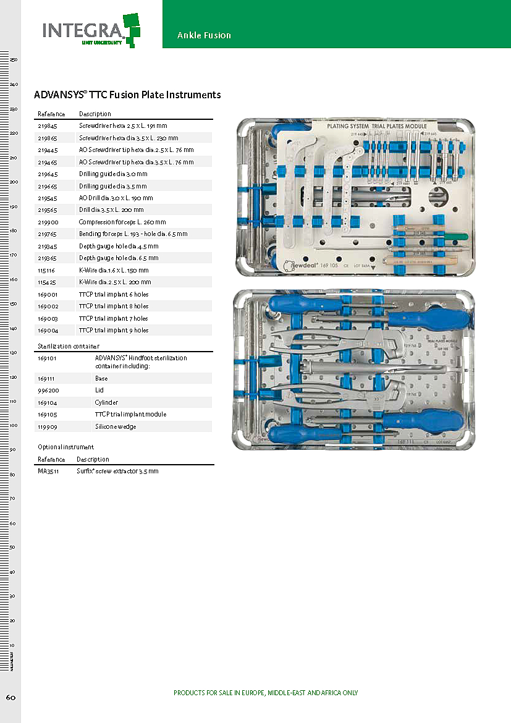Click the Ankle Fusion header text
click(x=204, y=35)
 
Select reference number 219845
click(x=48, y=126)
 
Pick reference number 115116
click(x=48, y=270)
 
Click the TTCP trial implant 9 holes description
click(x=114, y=330)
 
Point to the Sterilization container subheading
click(x=69, y=346)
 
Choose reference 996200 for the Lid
click(x=48, y=391)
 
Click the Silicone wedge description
click(x=116, y=426)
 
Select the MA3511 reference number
click(x=48, y=471)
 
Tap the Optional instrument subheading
click(x=65, y=447)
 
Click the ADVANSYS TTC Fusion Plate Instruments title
click(x=127, y=95)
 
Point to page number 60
click(x=11, y=697)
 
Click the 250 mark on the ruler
click(x=14, y=60)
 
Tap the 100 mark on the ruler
click(x=14, y=426)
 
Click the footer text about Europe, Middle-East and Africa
click(x=266, y=693)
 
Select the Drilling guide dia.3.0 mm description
click(x=113, y=174)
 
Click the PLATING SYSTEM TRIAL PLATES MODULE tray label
click(x=377, y=126)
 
